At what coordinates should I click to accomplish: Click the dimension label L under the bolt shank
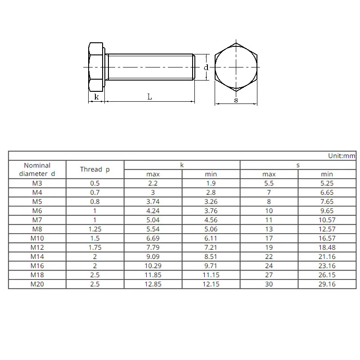(x=150, y=97)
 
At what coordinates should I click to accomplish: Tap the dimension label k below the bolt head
(x=96, y=97)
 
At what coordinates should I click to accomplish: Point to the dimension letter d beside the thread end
(x=206, y=67)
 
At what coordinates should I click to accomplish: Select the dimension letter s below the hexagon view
(x=236, y=100)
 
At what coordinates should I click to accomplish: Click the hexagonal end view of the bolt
(x=236, y=67)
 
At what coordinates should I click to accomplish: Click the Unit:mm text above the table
(x=342, y=156)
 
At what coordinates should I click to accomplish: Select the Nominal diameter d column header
(x=37, y=170)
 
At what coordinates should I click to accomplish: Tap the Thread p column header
(x=95, y=170)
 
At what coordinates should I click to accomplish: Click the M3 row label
(x=37, y=183)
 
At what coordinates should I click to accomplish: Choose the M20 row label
(x=37, y=284)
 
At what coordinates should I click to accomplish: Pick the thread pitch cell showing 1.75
(x=95, y=247)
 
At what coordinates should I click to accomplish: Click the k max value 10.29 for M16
(x=153, y=265)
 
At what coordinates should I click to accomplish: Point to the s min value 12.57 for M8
(x=327, y=229)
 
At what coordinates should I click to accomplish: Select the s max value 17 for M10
(x=269, y=238)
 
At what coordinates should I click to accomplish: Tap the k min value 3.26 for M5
(x=211, y=202)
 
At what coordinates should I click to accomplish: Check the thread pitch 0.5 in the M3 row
(x=95, y=183)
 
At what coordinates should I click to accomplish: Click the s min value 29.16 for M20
(x=327, y=284)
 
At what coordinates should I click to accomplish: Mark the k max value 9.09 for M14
(x=153, y=256)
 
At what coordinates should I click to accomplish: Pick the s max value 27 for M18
(x=269, y=275)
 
